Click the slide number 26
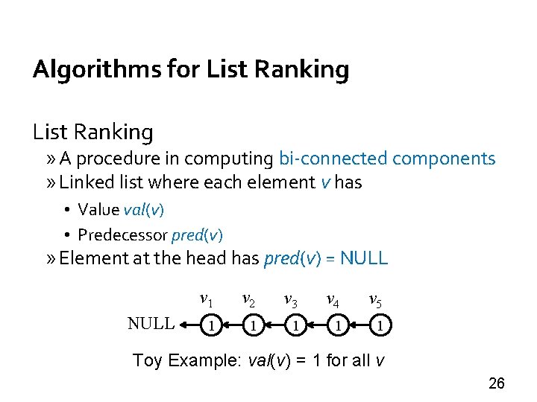point(496,383)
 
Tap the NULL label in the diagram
point(151,323)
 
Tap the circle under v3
point(296,325)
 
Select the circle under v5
point(380,325)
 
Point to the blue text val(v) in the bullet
point(144,209)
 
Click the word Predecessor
point(123,235)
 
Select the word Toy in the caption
point(147,361)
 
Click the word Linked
point(84,182)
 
